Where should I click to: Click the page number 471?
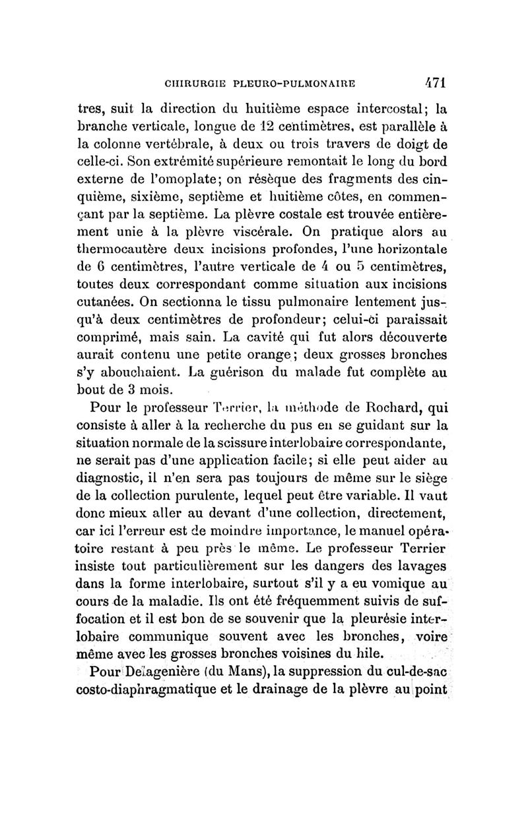point(434,83)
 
